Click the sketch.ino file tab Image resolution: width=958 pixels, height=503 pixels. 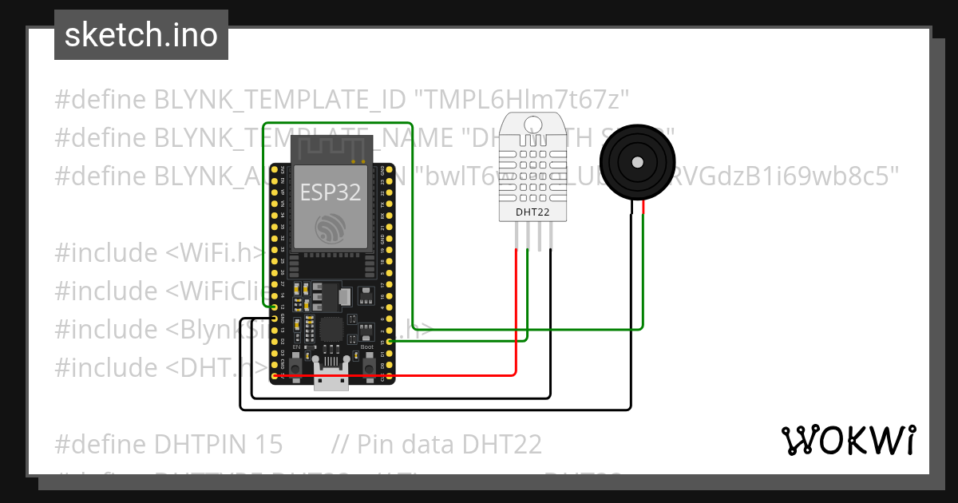(141, 35)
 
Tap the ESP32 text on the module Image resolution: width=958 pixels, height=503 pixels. (330, 192)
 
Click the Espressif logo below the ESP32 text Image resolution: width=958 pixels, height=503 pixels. (330, 230)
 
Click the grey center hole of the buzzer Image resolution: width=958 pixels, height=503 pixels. (637, 162)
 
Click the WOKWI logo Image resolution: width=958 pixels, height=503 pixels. (848, 440)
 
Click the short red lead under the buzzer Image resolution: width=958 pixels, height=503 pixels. (643, 209)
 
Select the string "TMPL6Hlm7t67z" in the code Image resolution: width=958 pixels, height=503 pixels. (522, 100)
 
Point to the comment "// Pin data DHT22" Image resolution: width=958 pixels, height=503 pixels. (437, 444)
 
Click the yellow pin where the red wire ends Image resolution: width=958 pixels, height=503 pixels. (275, 375)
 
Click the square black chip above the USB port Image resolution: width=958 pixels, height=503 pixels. (331, 330)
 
